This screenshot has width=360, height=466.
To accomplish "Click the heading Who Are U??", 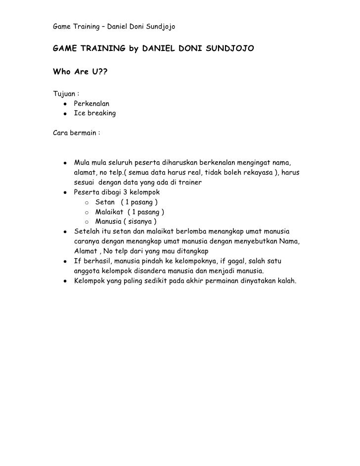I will [x=79, y=74].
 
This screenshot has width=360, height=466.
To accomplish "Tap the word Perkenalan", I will [x=91, y=104].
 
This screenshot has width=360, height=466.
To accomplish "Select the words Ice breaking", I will [x=94, y=113].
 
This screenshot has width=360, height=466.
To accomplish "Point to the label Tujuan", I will [x=65, y=94].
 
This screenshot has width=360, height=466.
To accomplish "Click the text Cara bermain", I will [x=75, y=133].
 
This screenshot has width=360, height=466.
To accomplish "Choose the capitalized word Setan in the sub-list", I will [x=105, y=202].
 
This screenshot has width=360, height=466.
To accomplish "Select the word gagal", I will [x=236, y=261].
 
